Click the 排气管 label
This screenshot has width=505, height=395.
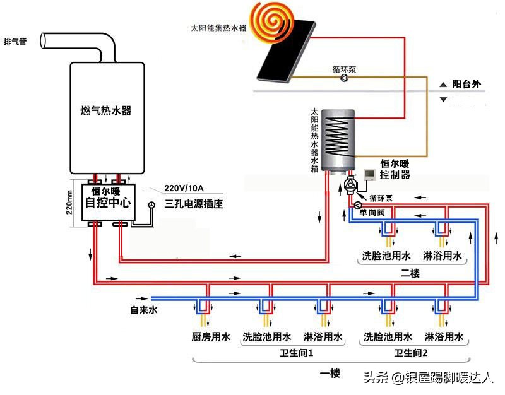[x=15, y=42]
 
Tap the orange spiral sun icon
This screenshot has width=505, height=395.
[x=270, y=19]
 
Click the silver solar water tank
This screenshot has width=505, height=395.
[x=338, y=139]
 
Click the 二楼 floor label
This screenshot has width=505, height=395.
[x=411, y=273]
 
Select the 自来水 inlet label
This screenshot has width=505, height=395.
[x=143, y=310]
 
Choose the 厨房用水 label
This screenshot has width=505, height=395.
[x=211, y=337]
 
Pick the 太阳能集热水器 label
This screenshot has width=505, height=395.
[x=219, y=28]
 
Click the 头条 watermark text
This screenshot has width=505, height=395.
[x=375, y=377]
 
